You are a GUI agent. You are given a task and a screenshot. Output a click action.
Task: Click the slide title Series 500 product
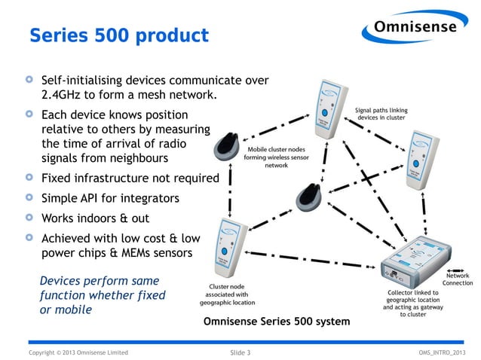tap(118, 35)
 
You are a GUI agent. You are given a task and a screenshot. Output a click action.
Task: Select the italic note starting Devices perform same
tap(102, 295)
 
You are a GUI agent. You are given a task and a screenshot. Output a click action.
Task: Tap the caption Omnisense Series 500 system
tap(277, 322)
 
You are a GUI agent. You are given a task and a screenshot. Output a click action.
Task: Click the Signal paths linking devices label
tap(381, 114)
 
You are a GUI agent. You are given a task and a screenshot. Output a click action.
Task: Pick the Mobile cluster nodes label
tap(276, 157)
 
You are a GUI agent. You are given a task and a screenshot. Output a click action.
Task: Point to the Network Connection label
tap(458, 279)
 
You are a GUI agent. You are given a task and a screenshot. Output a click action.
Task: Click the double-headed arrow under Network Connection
tap(458, 269)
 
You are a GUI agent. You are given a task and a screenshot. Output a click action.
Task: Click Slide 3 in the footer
tap(240, 352)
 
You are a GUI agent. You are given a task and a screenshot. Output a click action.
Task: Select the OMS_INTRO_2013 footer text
tap(444, 352)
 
